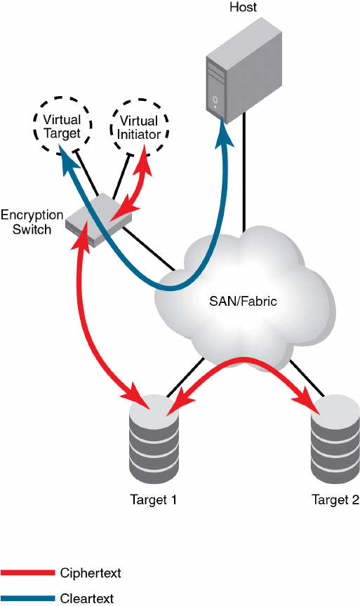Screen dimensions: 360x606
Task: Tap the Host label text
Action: point(243,7)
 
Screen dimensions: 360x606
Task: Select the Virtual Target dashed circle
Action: point(62,126)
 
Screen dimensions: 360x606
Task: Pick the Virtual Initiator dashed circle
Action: point(139,127)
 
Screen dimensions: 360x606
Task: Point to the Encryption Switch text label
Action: point(32,222)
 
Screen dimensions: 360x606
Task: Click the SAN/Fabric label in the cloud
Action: point(243,301)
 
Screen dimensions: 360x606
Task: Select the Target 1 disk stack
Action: point(154,438)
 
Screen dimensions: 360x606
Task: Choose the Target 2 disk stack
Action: point(335,438)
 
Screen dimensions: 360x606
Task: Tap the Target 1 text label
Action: point(154,499)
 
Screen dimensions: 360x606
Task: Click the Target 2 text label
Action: point(335,499)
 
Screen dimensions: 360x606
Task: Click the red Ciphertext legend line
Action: point(27,573)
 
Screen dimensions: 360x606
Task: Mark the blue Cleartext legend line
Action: point(27,598)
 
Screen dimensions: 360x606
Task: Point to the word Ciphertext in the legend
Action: point(91,573)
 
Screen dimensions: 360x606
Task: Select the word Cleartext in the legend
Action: point(87,598)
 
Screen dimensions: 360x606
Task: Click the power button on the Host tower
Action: point(215,100)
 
